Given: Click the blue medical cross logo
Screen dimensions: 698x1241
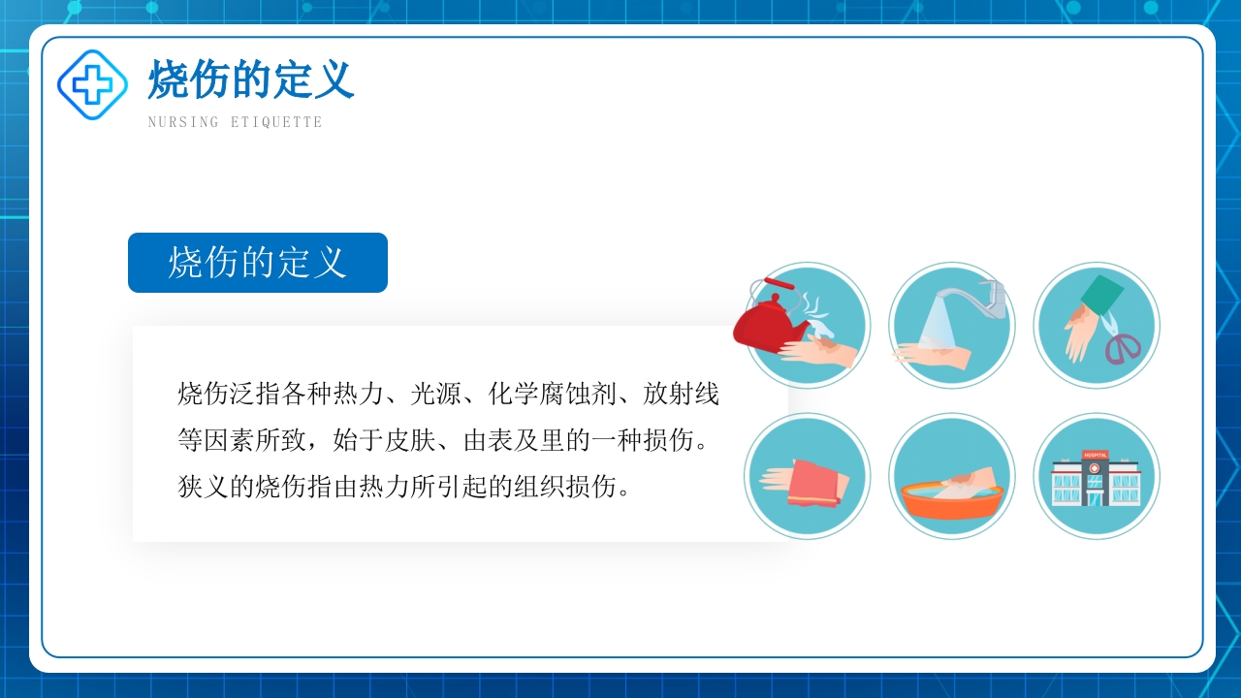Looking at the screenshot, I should (x=92, y=85).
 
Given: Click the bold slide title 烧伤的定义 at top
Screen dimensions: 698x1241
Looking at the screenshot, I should (x=251, y=79).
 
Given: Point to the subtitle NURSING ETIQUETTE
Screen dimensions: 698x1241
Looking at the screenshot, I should (x=235, y=122).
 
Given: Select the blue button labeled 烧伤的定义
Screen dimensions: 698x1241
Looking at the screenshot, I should (x=258, y=263).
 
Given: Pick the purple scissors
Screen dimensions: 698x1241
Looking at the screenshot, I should (x=1123, y=346).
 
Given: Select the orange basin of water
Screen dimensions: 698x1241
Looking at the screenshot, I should (x=951, y=500).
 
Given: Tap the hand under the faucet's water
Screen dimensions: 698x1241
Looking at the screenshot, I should (x=934, y=354).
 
